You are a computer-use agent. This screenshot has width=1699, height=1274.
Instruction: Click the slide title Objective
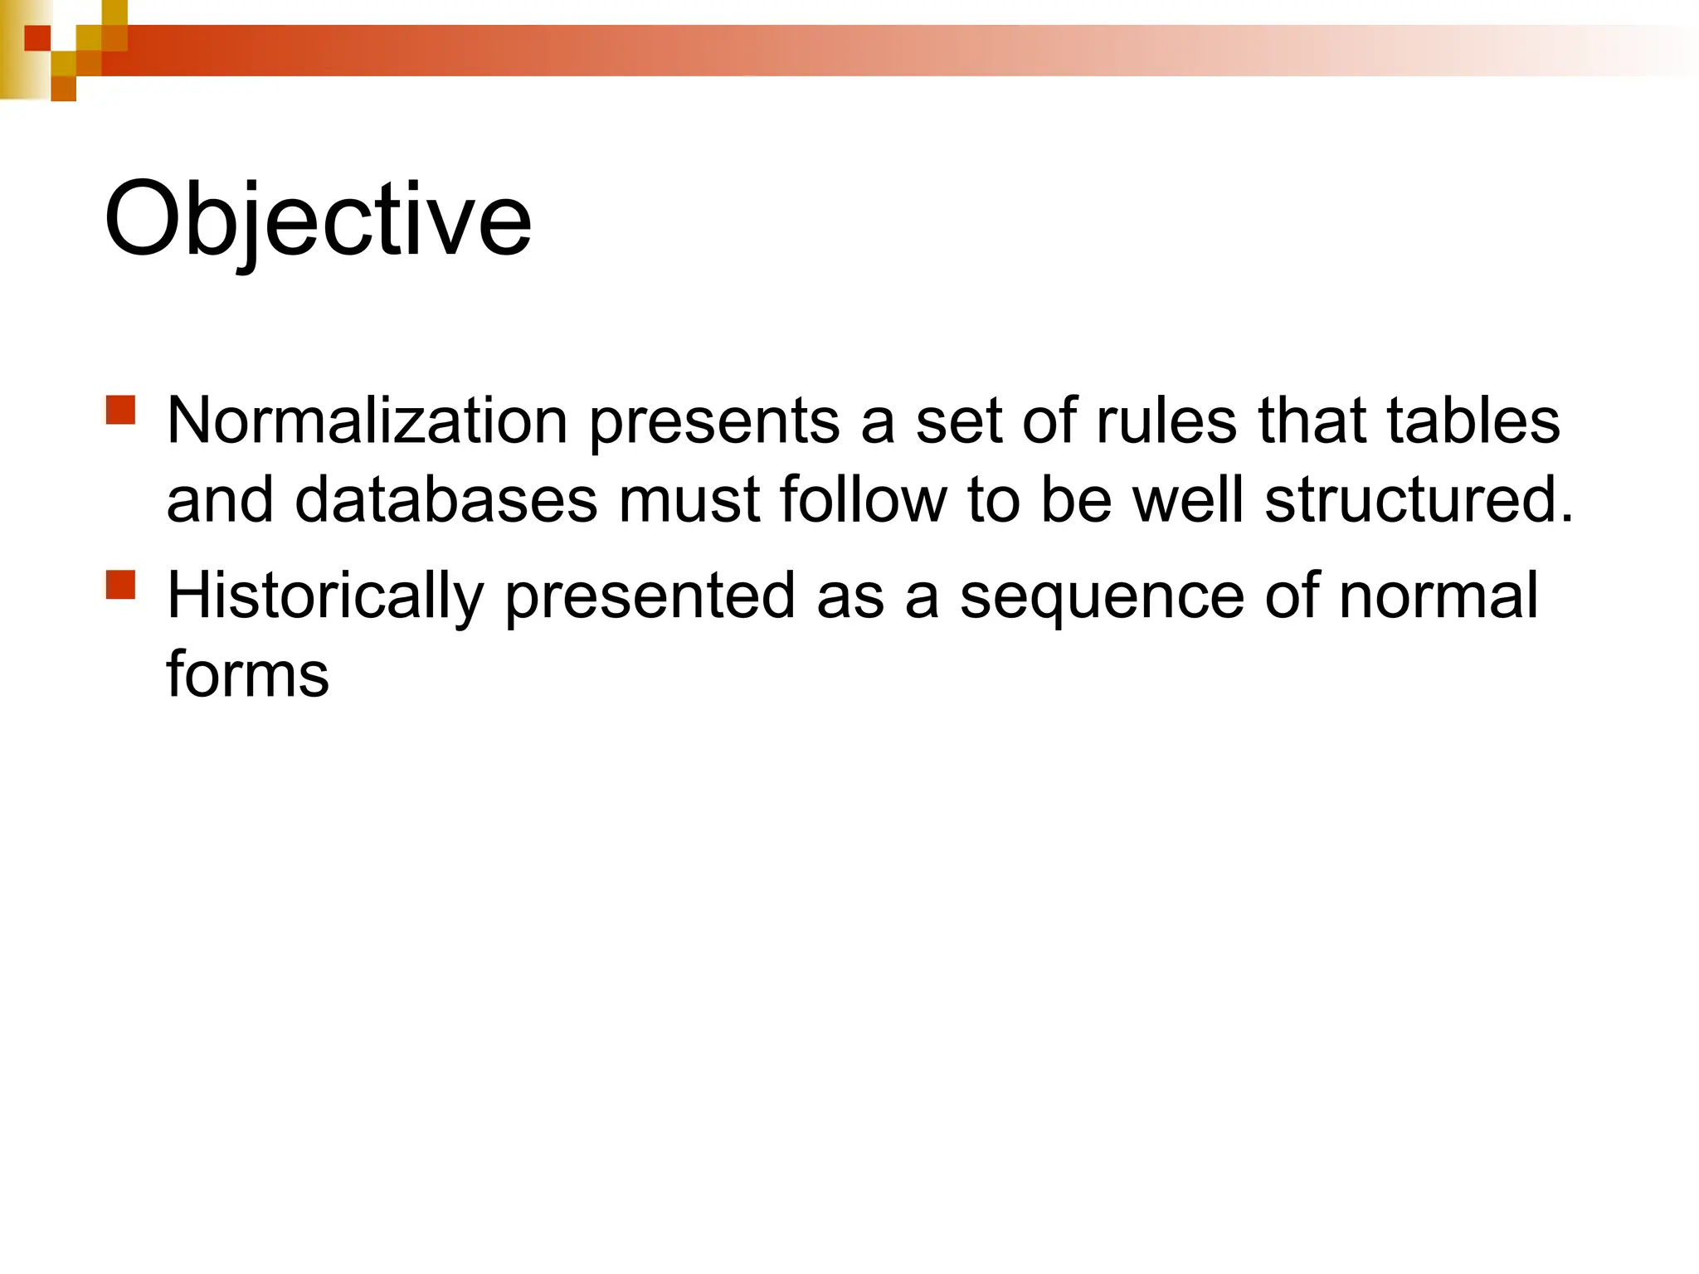coord(317,220)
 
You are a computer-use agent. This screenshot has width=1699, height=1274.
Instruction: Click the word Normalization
coord(367,421)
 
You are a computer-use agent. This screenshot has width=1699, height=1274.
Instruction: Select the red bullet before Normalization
coord(121,410)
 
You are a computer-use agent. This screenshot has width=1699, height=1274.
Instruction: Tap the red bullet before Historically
coord(121,584)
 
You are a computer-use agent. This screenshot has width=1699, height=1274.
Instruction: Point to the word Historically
coord(325,596)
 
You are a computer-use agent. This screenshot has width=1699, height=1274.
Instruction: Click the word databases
coord(445,499)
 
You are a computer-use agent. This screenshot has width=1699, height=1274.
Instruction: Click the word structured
coord(1409,499)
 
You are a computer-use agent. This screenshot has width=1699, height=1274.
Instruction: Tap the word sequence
coord(1102,597)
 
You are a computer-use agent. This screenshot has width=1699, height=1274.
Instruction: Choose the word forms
coord(247,673)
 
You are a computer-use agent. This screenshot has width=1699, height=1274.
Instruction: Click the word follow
coord(863,499)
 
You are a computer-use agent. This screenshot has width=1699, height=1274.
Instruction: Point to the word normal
coord(1439,596)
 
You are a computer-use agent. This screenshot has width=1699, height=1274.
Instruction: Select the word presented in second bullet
coord(650,597)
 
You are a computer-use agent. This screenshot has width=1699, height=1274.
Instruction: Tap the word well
coord(1188,499)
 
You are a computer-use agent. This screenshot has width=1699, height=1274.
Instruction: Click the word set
coord(958,421)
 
